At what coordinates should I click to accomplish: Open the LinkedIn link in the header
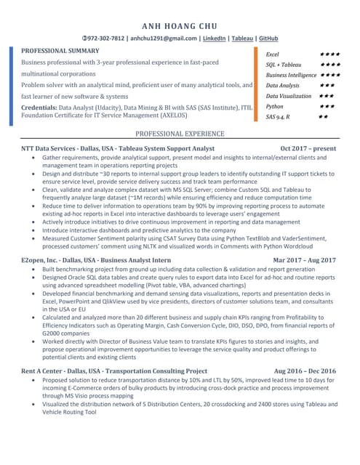point(213,38)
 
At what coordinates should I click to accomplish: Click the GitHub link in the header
point(268,38)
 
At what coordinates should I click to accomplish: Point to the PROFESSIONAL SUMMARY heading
point(60,51)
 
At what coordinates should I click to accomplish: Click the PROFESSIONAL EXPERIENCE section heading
point(180,134)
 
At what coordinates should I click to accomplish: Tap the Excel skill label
point(273,54)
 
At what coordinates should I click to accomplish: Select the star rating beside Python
point(327,106)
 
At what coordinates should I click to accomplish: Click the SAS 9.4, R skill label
point(279,117)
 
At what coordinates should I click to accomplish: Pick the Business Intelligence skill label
point(291,76)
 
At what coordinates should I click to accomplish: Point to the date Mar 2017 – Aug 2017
point(304,259)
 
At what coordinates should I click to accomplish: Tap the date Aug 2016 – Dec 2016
point(305,371)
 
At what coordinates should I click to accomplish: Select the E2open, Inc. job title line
point(96,259)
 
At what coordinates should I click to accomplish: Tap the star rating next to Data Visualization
point(327,96)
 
